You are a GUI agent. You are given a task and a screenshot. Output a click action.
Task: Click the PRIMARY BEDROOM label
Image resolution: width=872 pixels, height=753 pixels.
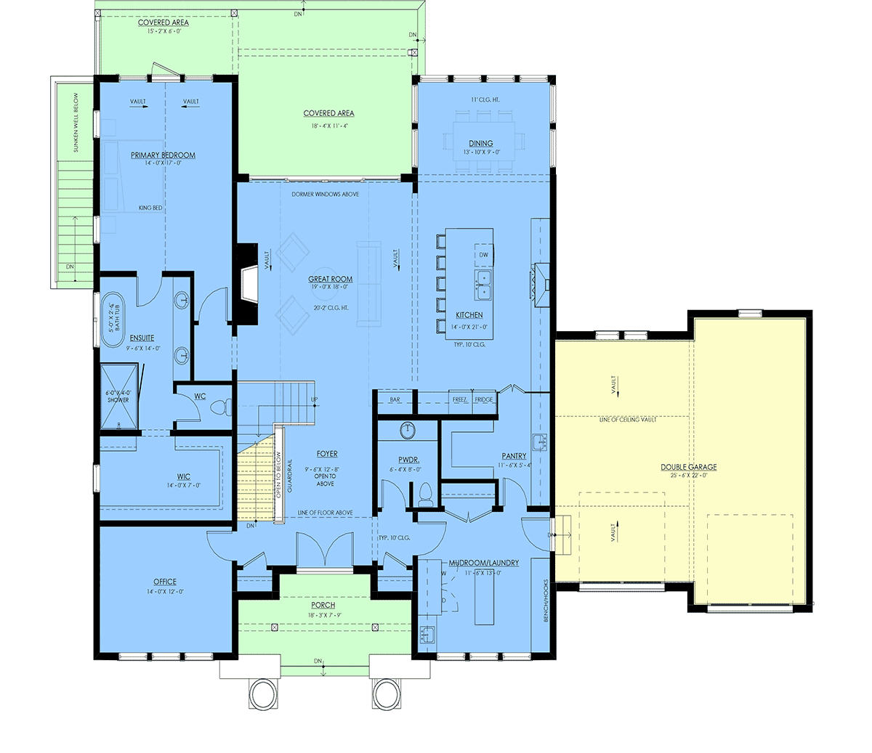[x=163, y=155]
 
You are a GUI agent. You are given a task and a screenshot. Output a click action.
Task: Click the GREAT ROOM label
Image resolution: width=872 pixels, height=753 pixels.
[x=331, y=279]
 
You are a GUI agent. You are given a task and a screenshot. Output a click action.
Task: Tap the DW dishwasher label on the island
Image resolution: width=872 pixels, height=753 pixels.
[x=483, y=255]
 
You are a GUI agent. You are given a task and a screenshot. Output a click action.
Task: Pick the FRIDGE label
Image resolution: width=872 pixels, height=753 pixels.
[x=483, y=399]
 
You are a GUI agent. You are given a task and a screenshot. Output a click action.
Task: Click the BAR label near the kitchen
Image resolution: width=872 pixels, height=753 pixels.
[x=395, y=399]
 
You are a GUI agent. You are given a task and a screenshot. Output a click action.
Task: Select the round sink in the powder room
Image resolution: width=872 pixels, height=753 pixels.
[x=408, y=431]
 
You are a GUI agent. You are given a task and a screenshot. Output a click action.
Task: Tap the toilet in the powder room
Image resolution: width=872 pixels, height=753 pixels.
[x=424, y=494]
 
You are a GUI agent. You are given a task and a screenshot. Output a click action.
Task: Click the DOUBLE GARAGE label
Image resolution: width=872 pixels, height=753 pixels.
[x=688, y=467]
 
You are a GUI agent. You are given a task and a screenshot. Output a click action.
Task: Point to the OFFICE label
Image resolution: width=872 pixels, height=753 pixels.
[x=165, y=582]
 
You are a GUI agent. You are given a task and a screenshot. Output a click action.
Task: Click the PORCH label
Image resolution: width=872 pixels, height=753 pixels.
[x=323, y=605]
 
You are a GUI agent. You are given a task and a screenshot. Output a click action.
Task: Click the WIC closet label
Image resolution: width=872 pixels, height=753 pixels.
[x=183, y=476]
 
